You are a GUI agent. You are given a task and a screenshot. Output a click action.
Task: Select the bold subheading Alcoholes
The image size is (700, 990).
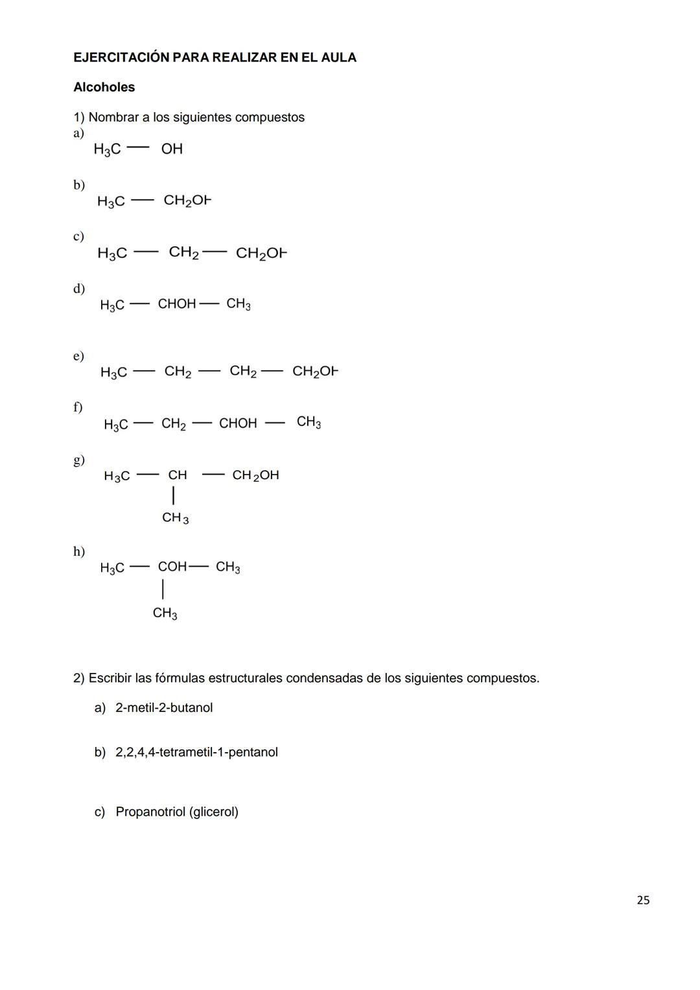pos(104,88)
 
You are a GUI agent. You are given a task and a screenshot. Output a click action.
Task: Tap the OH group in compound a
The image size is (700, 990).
pos(172,149)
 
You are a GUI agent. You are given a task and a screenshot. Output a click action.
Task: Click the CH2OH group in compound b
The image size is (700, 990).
pos(187,201)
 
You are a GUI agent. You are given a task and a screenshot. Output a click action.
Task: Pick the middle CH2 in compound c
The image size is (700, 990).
pos(183,252)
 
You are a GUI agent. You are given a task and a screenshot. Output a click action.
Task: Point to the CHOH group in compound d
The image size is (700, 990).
pos(176,304)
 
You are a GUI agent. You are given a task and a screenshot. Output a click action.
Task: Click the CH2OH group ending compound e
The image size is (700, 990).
pos(315,371)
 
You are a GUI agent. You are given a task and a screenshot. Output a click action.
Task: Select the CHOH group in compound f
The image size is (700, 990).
pos(238,423)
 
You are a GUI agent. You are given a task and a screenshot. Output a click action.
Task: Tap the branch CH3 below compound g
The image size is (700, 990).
pos(175,518)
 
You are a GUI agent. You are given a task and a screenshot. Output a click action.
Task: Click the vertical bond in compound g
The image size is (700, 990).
pos(173,497)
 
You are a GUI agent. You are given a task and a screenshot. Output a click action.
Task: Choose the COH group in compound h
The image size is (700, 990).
pos(172,567)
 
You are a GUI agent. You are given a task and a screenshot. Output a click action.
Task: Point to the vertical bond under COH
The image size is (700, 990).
pos(163,589)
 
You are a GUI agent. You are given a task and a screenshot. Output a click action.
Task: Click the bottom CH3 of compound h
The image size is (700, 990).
pos(165,613)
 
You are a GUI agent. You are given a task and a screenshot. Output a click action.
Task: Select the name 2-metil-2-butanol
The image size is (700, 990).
pos(164,708)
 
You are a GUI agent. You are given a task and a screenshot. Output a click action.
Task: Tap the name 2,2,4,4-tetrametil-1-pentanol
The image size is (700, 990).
pos(196,753)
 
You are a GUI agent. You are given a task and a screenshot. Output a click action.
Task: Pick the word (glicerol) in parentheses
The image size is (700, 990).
pos(213,812)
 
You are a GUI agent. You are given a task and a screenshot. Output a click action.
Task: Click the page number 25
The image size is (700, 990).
pos(643,900)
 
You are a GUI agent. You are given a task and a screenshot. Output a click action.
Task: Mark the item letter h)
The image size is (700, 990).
pos(78,552)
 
